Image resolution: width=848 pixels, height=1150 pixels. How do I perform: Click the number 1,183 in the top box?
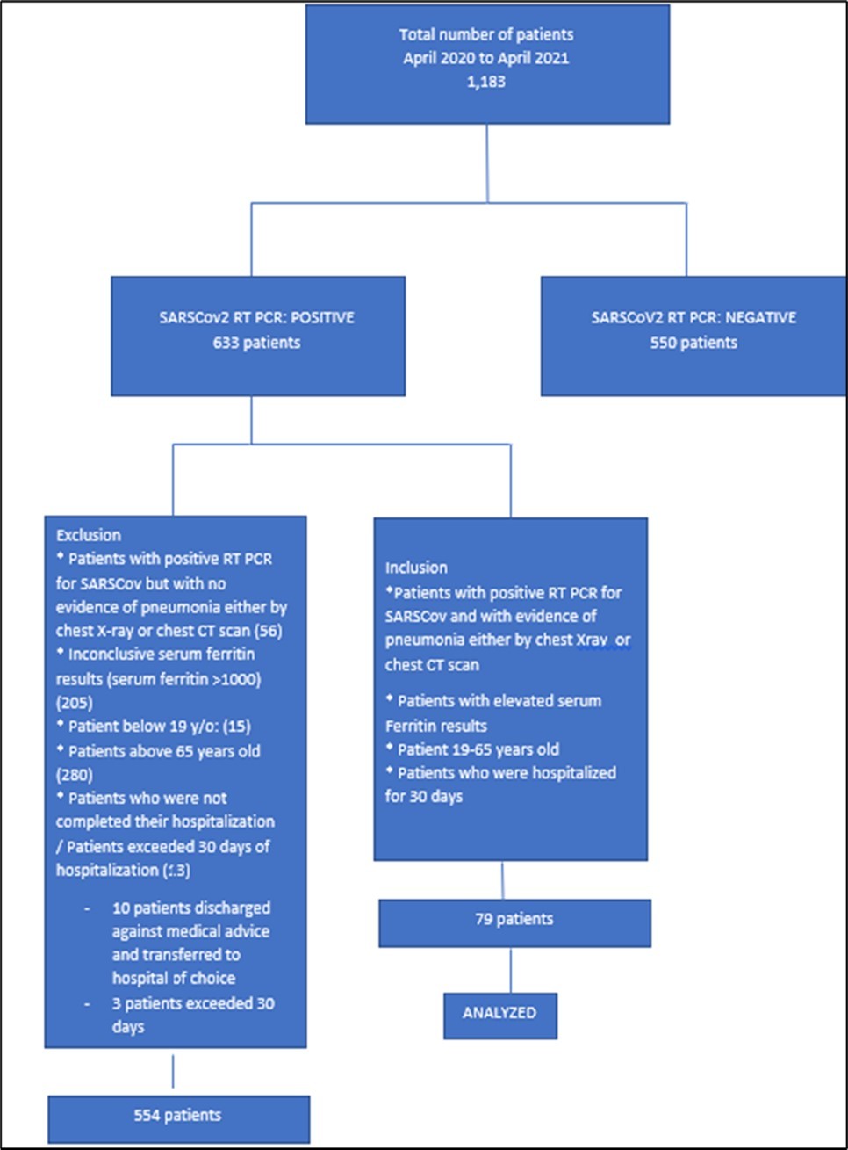(485, 82)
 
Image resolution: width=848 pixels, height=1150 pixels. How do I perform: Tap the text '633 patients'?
(256, 343)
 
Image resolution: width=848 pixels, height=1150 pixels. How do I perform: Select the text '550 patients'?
(693, 343)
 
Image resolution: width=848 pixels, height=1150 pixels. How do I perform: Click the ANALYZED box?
(499, 1014)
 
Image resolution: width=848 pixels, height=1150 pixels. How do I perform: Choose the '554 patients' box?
(178, 1117)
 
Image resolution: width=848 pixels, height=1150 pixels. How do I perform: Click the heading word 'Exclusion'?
(89, 535)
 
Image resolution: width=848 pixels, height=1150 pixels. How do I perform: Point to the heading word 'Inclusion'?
(416, 568)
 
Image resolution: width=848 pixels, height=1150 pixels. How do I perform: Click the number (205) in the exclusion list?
(75, 703)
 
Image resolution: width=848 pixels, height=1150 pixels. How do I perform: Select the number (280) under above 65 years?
(75, 775)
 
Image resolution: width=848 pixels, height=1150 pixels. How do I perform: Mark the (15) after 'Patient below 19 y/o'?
(236, 727)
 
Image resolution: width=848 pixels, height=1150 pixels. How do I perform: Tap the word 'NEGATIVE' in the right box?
(760, 318)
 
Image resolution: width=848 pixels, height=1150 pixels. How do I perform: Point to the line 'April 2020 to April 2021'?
(485, 58)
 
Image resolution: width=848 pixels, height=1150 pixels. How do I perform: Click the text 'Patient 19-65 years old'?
(478, 750)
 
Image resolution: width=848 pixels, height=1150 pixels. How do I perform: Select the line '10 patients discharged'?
(191, 908)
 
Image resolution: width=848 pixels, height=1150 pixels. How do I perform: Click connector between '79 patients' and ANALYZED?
(511, 970)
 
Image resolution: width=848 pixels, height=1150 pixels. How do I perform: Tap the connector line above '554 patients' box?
(173, 1072)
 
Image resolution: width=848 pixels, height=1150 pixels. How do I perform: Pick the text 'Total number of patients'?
(485, 35)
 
